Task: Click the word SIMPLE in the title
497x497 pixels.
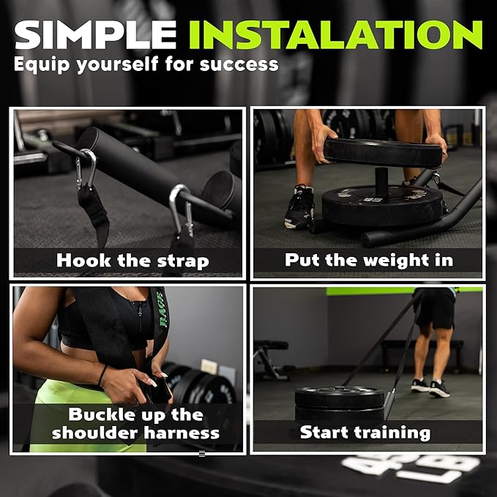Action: point(95,35)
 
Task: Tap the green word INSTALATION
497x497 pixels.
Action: point(336,35)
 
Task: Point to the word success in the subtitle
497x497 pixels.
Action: point(239,64)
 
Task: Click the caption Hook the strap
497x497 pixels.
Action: point(132,261)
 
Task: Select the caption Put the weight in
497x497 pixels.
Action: point(369,261)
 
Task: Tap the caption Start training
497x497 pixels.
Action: point(365,433)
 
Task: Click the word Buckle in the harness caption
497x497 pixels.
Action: point(99,414)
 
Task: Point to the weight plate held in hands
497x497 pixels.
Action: point(383,153)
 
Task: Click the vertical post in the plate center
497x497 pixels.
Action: point(381,180)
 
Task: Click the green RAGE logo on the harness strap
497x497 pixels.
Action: point(162,310)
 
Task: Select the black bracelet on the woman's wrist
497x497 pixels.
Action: point(102,375)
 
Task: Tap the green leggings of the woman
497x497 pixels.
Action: point(79,412)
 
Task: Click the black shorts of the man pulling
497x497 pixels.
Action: point(435,307)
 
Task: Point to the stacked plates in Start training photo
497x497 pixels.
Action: point(340,403)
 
